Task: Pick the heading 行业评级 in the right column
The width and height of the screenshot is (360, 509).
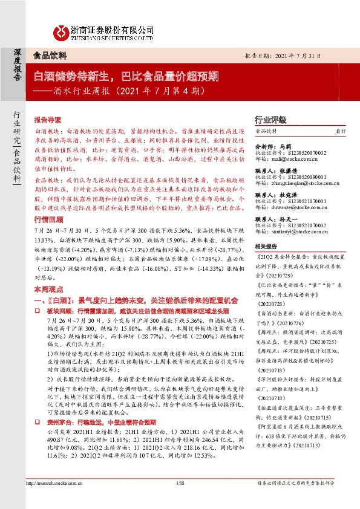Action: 269,120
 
